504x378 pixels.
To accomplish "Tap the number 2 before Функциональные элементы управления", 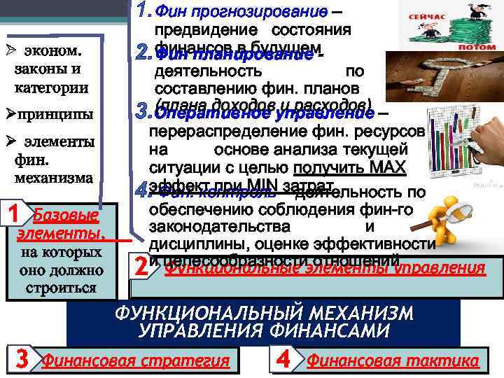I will (141, 267).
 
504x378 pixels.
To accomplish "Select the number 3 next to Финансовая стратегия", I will (22, 360).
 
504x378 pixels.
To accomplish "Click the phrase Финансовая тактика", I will (393, 361).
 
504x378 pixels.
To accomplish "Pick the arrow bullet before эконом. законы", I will (9, 51).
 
